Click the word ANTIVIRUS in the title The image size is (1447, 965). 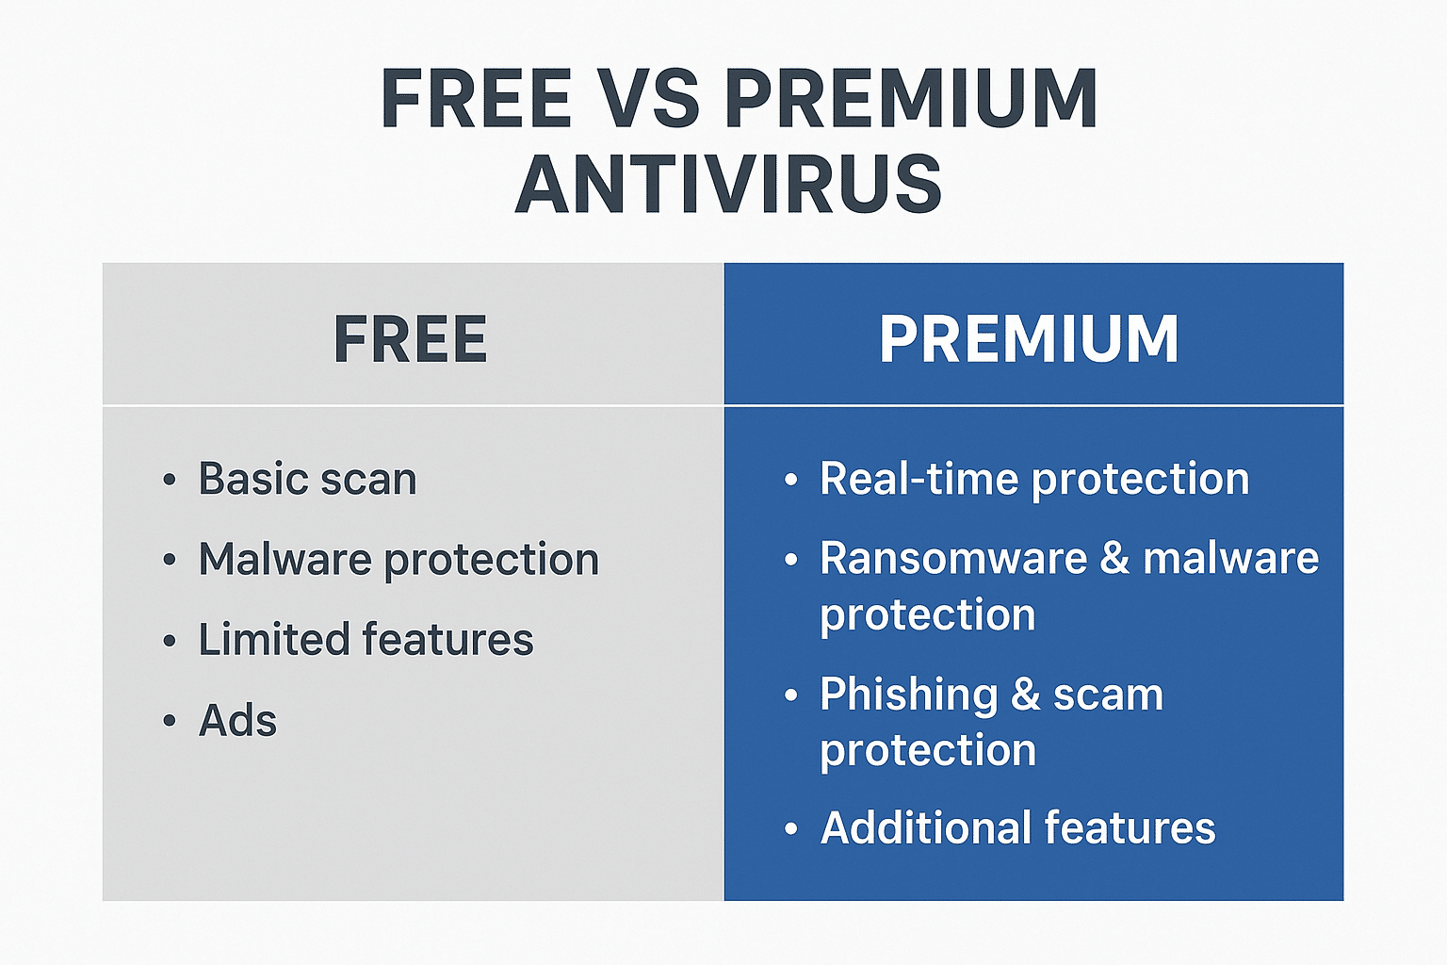point(728,184)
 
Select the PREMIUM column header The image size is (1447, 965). point(1029,338)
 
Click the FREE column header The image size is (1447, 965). point(410,338)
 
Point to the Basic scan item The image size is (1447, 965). point(307,479)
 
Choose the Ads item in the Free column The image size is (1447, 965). point(237,720)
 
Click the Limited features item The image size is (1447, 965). point(366,639)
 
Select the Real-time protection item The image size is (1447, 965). point(1035,479)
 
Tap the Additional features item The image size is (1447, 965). point(1018,827)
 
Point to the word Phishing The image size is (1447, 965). point(909,695)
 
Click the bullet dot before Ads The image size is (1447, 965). point(170,720)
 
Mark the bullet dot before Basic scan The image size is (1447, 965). point(170,479)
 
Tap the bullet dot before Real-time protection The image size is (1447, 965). point(791,479)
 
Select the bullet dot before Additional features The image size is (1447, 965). point(791,828)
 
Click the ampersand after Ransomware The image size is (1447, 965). point(1115,558)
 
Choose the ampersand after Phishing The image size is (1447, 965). point(1026,695)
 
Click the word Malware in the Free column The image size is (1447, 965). point(285,559)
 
